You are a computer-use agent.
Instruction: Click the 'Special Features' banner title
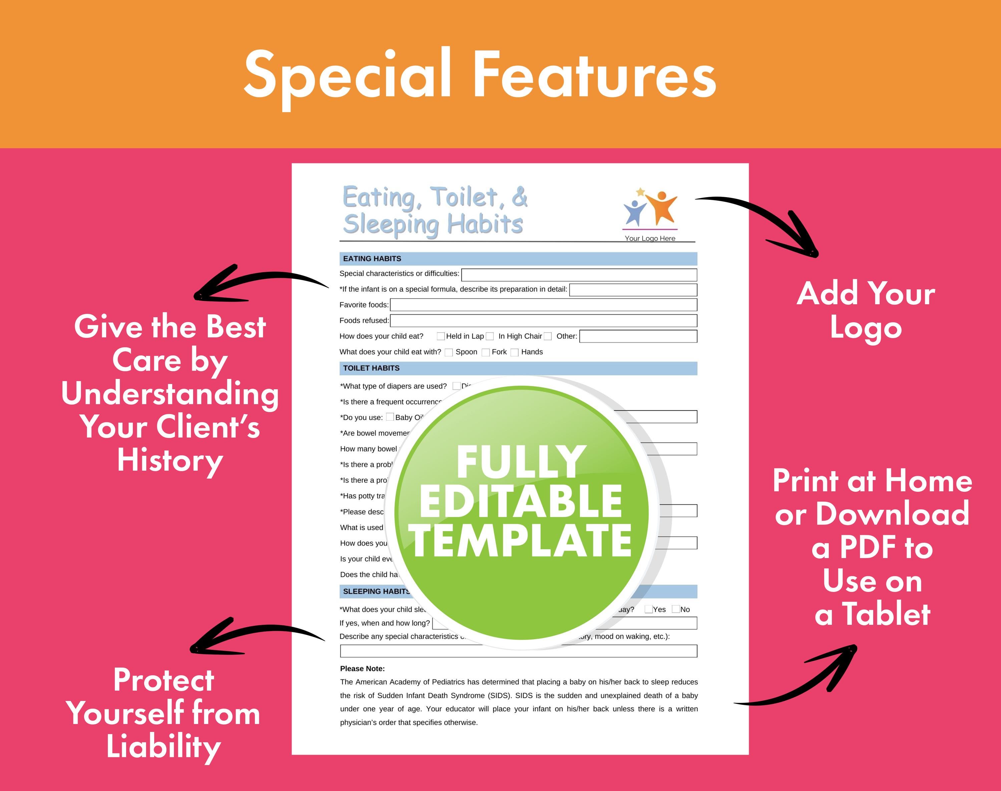[480, 75]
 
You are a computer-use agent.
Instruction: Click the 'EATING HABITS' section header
[372, 259]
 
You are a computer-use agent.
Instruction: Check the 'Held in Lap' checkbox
[440, 336]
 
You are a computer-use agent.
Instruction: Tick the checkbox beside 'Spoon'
[448, 352]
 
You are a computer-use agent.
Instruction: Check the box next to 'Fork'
[485, 352]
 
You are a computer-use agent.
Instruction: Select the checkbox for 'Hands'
[514, 352]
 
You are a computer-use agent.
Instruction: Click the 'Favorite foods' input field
[543, 305]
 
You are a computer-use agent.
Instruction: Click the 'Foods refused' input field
[543, 321]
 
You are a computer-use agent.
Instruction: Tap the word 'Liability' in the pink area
[163, 747]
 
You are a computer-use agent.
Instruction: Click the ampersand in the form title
[519, 197]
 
